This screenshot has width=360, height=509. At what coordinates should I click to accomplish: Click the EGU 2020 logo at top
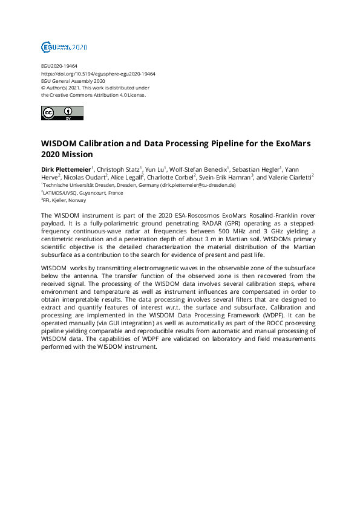(64, 47)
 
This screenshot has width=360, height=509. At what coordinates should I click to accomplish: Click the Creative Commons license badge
(62, 112)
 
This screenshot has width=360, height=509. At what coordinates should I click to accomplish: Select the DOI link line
(98, 74)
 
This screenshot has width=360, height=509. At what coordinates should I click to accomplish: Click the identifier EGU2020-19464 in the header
(59, 66)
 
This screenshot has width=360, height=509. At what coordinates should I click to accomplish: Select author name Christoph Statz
(118, 169)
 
